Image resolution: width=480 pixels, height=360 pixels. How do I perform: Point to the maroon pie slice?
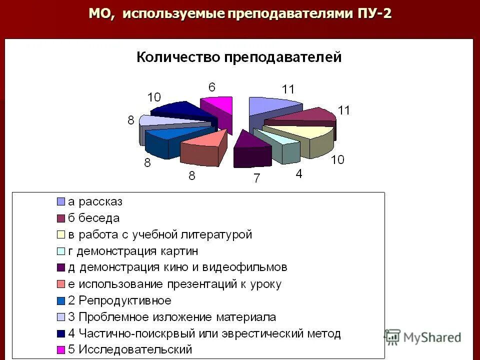[305, 116]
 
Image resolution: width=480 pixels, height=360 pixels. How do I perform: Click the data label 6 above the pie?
[212, 87]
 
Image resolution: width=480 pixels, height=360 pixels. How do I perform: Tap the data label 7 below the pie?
[256, 178]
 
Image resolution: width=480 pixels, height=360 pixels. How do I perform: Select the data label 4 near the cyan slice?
[298, 174]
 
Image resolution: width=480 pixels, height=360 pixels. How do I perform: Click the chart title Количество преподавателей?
[239, 57]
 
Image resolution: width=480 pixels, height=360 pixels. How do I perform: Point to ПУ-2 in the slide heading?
[374, 13]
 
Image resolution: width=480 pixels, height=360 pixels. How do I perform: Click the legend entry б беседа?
[93, 218]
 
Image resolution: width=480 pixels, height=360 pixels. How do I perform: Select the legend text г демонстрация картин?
[132, 251]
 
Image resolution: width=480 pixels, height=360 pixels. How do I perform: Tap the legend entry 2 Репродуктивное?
[119, 300]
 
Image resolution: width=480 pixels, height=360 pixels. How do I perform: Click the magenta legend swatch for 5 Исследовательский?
[60, 350]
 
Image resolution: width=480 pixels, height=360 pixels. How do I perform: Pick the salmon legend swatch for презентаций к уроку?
[60, 284]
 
